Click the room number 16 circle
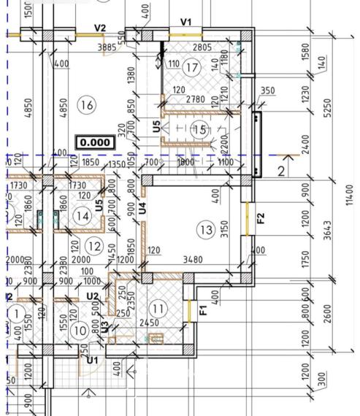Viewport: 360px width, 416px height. point(86,105)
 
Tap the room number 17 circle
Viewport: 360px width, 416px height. point(192,69)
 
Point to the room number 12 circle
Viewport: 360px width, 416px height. point(93,245)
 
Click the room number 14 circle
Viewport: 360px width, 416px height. point(83,216)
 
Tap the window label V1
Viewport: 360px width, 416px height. point(185,23)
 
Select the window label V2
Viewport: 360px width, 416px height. point(100,28)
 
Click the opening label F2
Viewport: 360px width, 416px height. point(261,217)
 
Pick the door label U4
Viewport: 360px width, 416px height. point(143,207)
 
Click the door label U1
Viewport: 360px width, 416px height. point(92,360)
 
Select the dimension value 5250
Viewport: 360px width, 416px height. point(327,107)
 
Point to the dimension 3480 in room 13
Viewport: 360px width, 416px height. point(193,259)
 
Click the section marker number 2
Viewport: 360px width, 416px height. point(281,171)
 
